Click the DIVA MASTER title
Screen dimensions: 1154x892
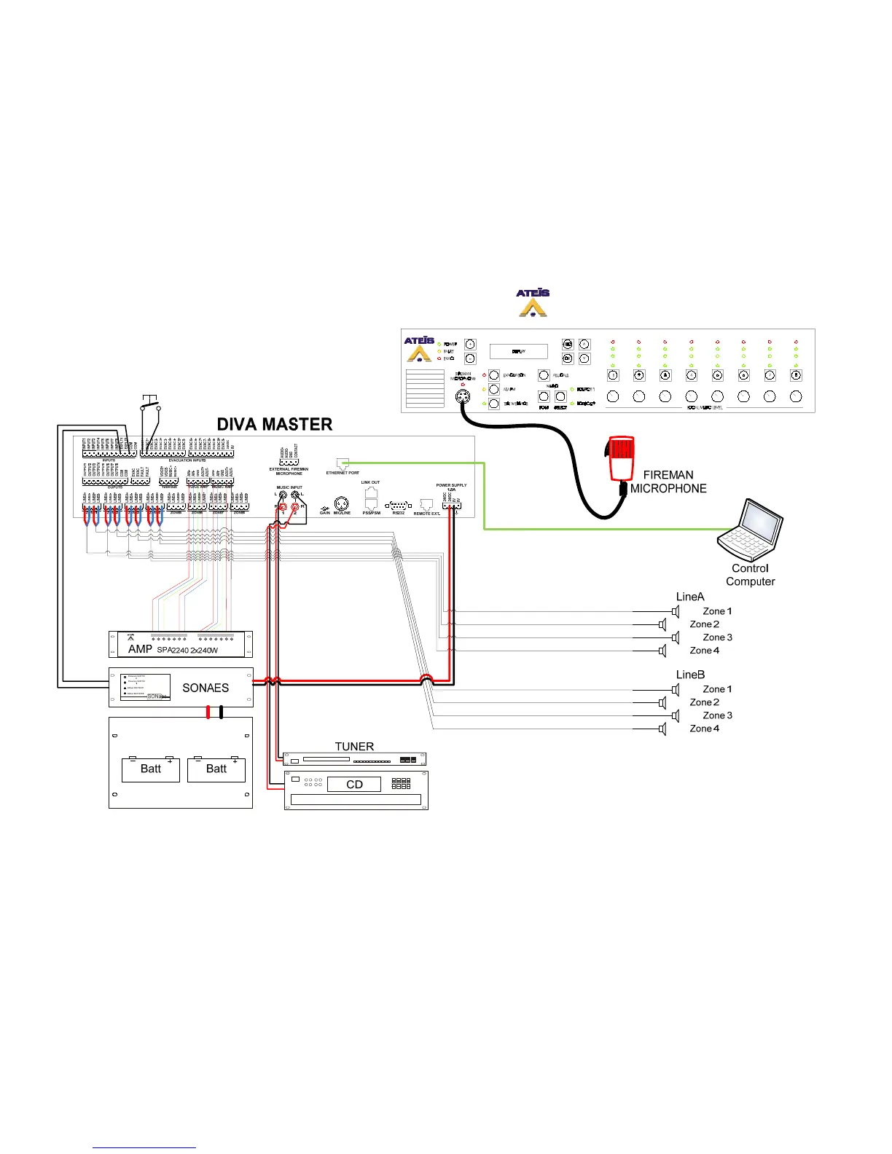pyautogui.click(x=275, y=424)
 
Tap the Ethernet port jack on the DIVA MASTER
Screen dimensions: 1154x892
pyautogui.click(x=343, y=463)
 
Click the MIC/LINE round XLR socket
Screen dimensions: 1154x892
pyautogui.click(x=341, y=503)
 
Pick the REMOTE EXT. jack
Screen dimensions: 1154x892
pyautogui.click(x=427, y=505)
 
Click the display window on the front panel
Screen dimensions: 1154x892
pyautogui.click(x=518, y=351)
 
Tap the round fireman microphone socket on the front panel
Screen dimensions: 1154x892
pyautogui.click(x=461, y=397)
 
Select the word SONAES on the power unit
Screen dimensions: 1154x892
pyautogui.click(x=206, y=688)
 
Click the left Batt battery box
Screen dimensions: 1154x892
pyautogui.click(x=150, y=769)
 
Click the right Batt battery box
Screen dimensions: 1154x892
pyautogui.click(x=216, y=769)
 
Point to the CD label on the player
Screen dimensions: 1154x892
pyautogui.click(x=354, y=785)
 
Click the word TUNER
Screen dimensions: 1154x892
pyautogui.click(x=354, y=747)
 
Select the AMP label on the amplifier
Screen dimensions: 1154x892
pyautogui.click(x=140, y=649)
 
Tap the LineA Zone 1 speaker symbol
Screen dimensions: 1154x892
pyautogui.click(x=676, y=611)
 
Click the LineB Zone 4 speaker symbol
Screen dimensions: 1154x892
pyautogui.click(x=662, y=729)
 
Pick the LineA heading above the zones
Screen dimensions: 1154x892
pyautogui.click(x=690, y=597)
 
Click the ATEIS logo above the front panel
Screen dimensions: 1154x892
pyautogui.click(x=533, y=302)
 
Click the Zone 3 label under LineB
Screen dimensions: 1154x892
pyautogui.click(x=717, y=715)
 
